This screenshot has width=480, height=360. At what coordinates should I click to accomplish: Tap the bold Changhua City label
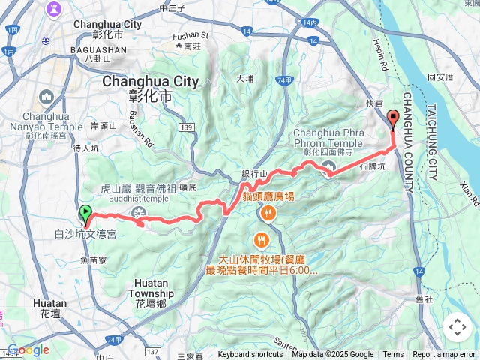(150, 81)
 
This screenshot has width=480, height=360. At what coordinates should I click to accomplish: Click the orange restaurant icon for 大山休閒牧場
(261, 240)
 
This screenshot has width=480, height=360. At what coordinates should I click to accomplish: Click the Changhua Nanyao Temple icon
(46, 97)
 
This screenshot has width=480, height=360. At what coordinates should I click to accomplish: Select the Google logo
(28, 349)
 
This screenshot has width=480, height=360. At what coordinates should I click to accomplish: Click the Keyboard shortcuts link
(250, 355)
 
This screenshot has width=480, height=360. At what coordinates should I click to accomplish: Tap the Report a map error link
(444, 355)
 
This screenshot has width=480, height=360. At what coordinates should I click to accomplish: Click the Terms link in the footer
(393, 355)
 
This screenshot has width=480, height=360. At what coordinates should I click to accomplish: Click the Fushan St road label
(190, 34)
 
